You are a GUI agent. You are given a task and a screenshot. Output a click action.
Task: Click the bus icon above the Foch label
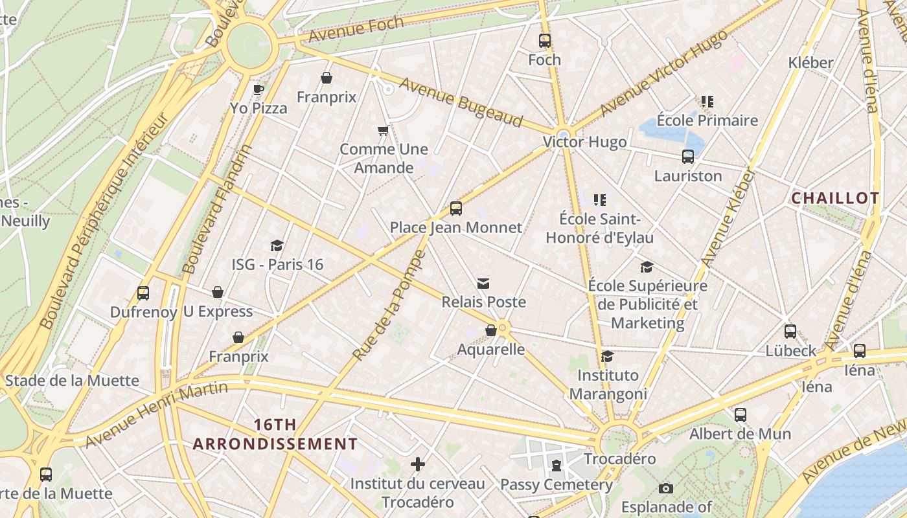coord(544,41)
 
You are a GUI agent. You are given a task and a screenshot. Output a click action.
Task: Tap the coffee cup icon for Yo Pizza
coord(258,89)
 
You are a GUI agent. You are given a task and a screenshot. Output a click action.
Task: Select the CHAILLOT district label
coord(835,198)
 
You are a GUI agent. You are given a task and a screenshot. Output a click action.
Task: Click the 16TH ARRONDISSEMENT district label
coord(275,434)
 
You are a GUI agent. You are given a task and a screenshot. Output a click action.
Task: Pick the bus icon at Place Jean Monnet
coord(455,208)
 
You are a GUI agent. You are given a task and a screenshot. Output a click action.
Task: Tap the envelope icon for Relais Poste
coord(483,283)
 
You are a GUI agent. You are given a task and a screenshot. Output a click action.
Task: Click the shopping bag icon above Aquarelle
coord(491,330)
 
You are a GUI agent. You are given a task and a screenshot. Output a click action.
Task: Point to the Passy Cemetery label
coord(556,484)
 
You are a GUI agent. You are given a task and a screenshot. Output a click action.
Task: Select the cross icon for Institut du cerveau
coord(418,464)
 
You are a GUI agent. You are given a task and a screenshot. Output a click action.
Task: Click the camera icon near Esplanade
coord(665,488)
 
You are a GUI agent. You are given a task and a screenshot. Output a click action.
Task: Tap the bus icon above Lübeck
coord(790,332)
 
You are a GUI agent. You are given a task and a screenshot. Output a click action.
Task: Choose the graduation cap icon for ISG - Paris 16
coord(277,245)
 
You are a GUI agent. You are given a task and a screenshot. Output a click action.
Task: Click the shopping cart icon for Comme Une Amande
coord(383,131)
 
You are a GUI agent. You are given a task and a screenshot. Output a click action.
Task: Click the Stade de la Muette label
coord(72,380)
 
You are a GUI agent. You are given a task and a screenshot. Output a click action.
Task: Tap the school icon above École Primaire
coord(707,102)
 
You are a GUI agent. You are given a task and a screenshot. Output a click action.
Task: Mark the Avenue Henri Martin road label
coord(157,414)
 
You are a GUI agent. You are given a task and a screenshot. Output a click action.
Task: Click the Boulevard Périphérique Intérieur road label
coord(104,220)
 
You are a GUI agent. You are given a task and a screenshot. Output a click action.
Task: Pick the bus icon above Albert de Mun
coord(740,414)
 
